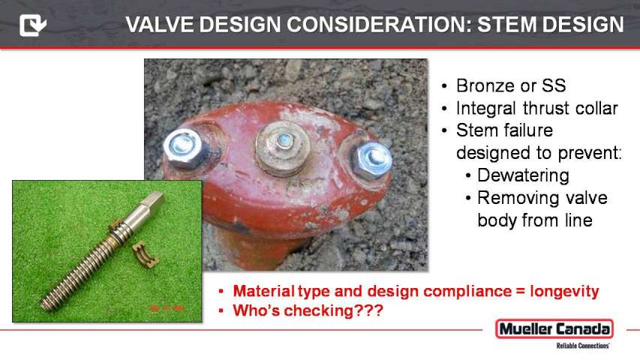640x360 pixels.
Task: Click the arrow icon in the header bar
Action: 33,25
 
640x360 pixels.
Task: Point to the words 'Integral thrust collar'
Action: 536,108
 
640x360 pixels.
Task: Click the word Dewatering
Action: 523,175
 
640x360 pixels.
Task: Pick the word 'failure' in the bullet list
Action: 527,130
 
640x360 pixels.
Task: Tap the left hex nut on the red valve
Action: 183,149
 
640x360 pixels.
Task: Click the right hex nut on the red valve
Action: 371,160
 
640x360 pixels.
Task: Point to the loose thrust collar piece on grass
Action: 146,254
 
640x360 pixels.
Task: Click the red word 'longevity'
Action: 564,292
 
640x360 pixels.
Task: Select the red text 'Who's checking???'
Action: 308,310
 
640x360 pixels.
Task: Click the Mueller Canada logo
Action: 554,329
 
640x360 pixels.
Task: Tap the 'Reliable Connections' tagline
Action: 582,346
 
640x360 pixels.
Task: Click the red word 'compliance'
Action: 467,292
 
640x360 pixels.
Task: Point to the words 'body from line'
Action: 535,220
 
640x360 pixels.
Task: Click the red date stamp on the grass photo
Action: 166,308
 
